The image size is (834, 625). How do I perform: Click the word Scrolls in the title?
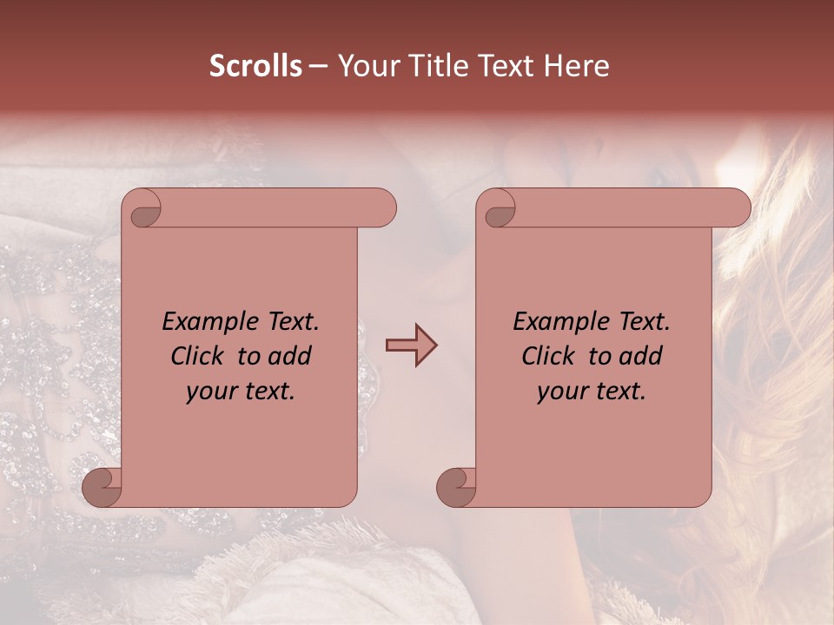[256, 66]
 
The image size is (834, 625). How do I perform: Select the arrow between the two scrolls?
[411, 345]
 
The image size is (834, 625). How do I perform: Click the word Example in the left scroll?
[205, 322]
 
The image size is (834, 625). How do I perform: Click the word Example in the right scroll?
[556, 322]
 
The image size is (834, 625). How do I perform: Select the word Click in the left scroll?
[200, 356]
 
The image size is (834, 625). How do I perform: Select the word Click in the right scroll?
[551, 356]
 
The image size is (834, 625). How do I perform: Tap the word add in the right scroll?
[642, 356]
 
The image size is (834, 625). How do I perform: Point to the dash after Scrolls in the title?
[318, 67]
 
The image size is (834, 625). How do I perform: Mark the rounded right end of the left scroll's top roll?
[385, 208]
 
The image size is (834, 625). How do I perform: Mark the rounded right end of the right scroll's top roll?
[739, 208]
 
